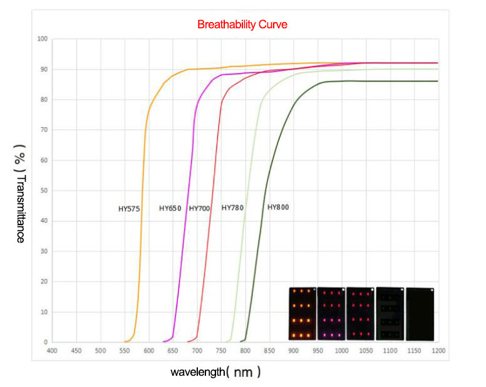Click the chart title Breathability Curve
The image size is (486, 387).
(x=242, y=25)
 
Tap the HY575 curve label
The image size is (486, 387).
(x=130, y=209)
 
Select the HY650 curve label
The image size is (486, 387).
(x=170, y=208)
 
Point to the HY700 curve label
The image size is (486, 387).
(x=199, y=208)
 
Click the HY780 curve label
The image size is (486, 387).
(x=232, y=208)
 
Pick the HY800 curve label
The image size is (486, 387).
(x=278, y=207)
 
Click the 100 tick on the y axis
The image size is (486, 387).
(x=43, y=39)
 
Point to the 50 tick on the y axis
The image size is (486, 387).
(x=44, y=191)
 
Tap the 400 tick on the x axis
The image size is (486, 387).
(x=52, y=351)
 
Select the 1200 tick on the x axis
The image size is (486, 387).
(x=438, y=351)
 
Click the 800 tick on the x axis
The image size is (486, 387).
(x=245, y=351)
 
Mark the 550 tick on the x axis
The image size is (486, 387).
(x=125, y=351)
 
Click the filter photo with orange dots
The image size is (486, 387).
(x=302, y=314)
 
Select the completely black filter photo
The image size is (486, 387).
(x=420, y=314)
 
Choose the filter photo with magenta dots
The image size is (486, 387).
(x=331, y=314)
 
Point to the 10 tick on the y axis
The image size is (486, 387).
(x=44, y=312)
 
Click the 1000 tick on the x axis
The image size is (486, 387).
(x=341, y=351)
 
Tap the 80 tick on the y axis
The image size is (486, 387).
(x=44, y=100)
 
